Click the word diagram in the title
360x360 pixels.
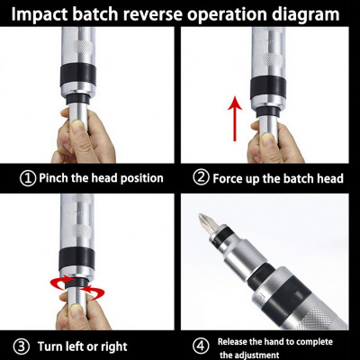301,15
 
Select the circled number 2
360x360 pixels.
200,178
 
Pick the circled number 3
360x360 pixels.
19,346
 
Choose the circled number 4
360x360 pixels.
201,346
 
